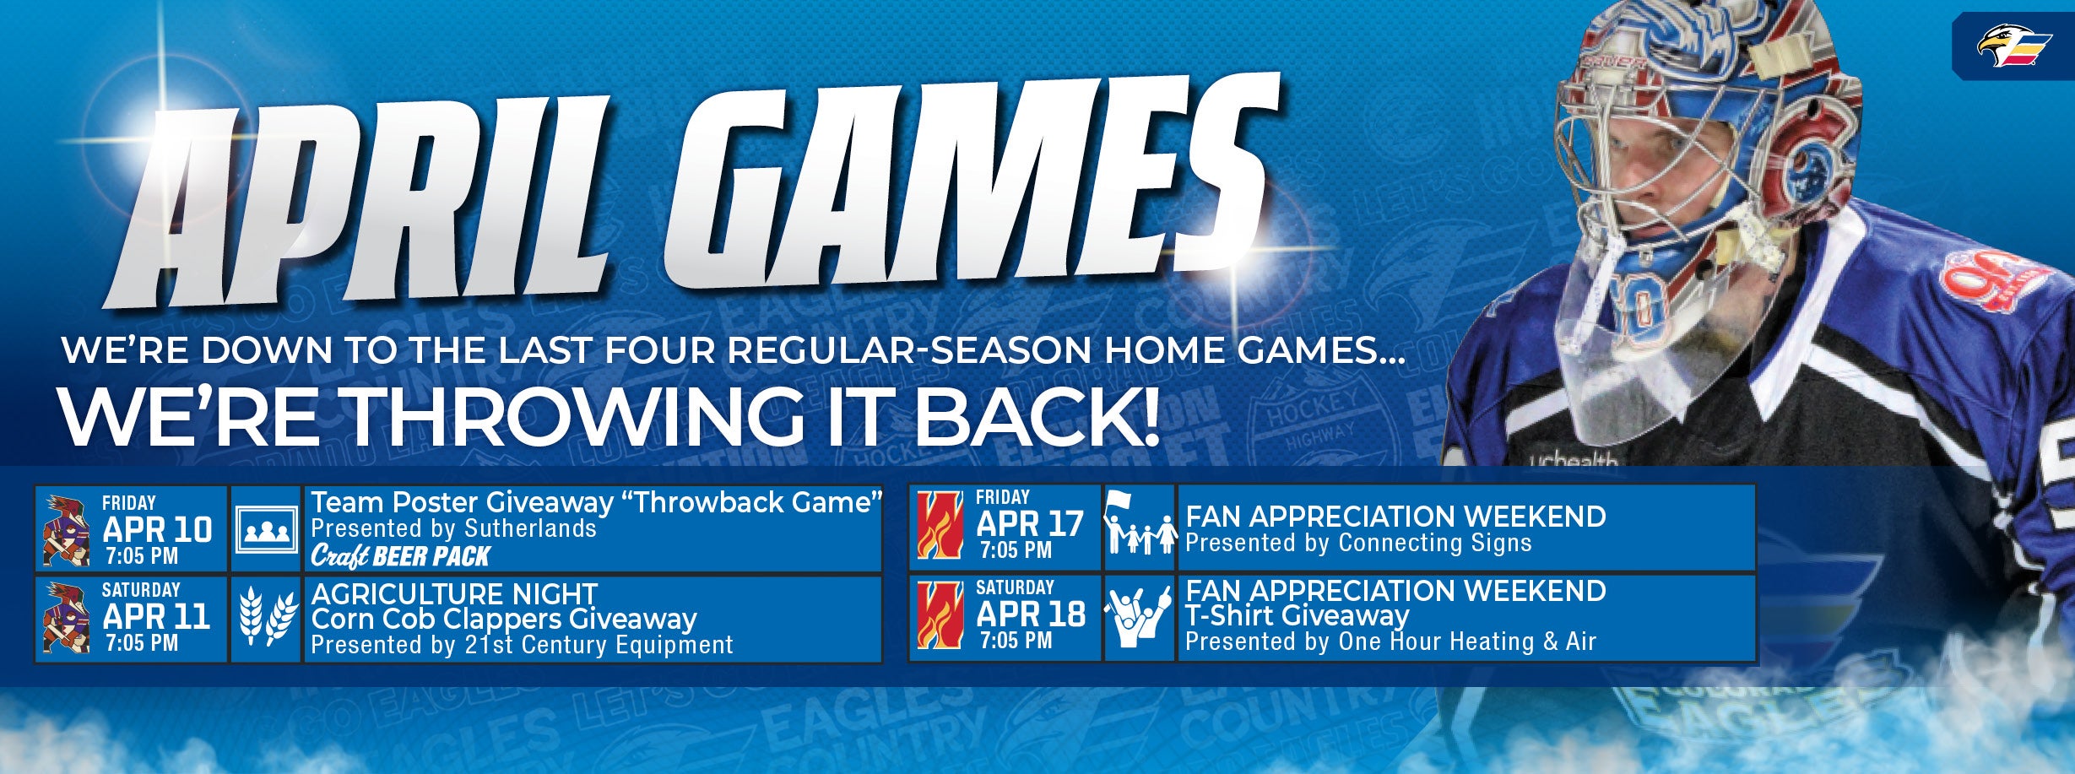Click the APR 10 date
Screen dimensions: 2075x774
pos(157,530)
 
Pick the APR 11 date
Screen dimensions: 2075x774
pos(156,617)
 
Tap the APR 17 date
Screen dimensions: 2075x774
pos(1030,524)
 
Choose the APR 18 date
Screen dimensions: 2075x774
pos(1031,614)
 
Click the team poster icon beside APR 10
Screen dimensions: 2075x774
pos(266,530)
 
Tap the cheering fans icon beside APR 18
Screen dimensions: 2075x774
pos(1139,618)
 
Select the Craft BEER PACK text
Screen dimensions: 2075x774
pos(401,556)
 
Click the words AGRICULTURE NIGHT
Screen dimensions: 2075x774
pos(454,594)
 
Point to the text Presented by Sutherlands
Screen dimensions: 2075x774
pos(453,529)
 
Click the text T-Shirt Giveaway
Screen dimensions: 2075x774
pos(1297,616)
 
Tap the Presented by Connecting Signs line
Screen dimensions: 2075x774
pos(1358,543)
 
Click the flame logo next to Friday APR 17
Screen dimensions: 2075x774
pos(940,525)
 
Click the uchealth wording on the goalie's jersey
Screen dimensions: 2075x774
pos(1574,461)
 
